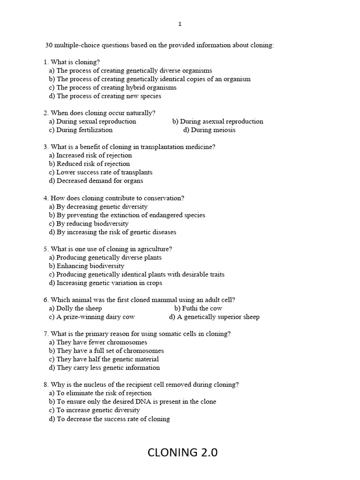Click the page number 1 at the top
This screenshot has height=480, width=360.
pyautogui.click(x=180, y=24)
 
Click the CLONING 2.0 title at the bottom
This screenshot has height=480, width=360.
pyautogui.click(x=182, y=452)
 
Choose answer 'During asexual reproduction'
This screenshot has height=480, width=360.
pyautogui.click(x=217, y=121)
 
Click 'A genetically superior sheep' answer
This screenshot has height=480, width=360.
pyautogui.click(x=214, y=316)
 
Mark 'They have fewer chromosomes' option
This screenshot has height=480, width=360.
pyautogui.click(x=97, y=342)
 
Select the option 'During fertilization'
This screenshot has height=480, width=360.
pyautogui.click(x=81, y=130)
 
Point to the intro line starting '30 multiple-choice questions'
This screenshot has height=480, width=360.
pyautogui.click(x=159, y=45)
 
